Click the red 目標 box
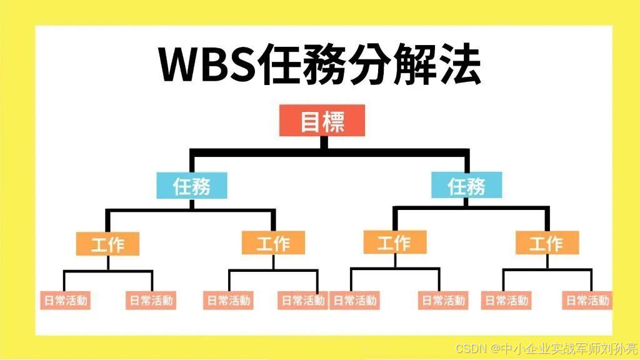pyautogui.click(x=322, y=121)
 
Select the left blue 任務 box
pyautogui.click(x=192, y=186)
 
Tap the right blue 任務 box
pyautogui.click(x=466, y=186)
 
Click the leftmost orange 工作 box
pyautogui.click(x=107, y=243)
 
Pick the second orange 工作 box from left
pyautogui.click(x=273, y=243)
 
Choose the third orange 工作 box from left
pyautogui.click(x=394, y=242)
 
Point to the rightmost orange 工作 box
pyautogui.click(x=547, y=243)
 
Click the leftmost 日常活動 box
pyautogui.click(x=64, y=301)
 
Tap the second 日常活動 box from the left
pyautogui.click(x=151, y=301)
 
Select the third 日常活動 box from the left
pyautogui.click(x=228, y=301)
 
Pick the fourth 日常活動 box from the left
pyautogui.click(x=302, y=301)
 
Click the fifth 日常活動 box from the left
pyautogui.click(x=354, y=301)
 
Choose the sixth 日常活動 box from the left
pyautogui.click(x=442, y=301)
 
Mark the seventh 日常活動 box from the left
pyautogui.click(x=506, y=301)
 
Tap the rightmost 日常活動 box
pyautogui.click(x=587, y=301)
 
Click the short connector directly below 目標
pyautogui.click(x=323, y=142)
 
